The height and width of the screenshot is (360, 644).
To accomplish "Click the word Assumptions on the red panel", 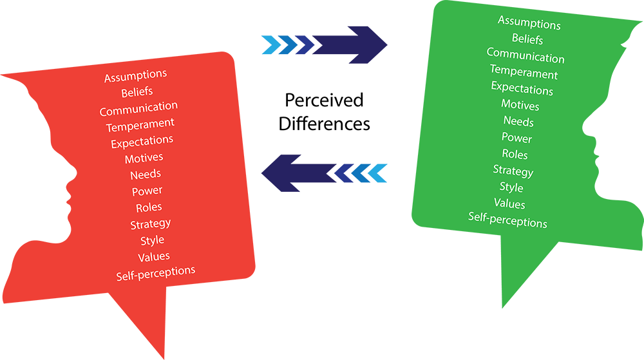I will (x=135, y=77).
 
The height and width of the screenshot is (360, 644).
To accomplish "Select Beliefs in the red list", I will (x=137, y=92).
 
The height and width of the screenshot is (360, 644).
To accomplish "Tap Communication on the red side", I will (x=138, y=108).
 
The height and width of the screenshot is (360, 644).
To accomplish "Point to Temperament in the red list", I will (x=140, y=124).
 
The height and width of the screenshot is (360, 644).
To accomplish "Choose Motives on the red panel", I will (x=144, y=158).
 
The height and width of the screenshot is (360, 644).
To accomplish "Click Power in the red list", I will (x=147, y=191).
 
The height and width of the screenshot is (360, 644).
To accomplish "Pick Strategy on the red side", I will (x=150, y=224).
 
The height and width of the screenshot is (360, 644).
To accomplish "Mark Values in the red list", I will (x=153, y=257).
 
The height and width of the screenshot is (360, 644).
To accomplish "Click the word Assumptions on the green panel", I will (x=529, y=23).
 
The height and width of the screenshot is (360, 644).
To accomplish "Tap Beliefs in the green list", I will (x=527, y=39).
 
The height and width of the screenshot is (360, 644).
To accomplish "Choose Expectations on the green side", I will (x=522, y=88).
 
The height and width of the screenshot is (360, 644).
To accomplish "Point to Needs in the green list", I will (x=518, y=121).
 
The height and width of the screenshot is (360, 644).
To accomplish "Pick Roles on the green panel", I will (x=515, y=154).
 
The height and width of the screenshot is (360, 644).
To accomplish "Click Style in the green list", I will (x=511, y=187).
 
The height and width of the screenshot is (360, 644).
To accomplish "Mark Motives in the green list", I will (x=520, y=104).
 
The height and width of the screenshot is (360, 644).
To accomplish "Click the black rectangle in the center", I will (x=327, y=108).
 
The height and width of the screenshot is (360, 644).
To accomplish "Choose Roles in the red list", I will (x=149, y=207).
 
